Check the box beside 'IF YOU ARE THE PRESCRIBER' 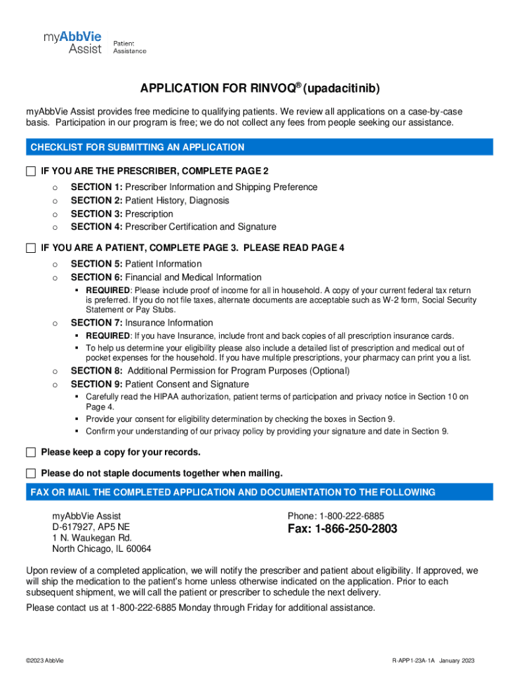coord(31,172)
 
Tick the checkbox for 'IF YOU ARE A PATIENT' coord(31,248)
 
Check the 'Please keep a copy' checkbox coord(31,452)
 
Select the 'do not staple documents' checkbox coord(31,473)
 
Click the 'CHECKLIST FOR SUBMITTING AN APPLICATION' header coord(137,147)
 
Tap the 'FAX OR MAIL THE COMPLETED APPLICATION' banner coord(233,492)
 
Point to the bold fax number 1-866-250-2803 coord(342,529)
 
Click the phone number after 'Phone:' coord(352,516)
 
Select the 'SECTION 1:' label coord(96,187)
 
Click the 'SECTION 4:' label coord(96,227)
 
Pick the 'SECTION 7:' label coord(96,323)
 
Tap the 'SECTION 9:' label coord(96,384)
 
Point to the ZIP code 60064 coord(138,549)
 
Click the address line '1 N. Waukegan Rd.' coord(92,538)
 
